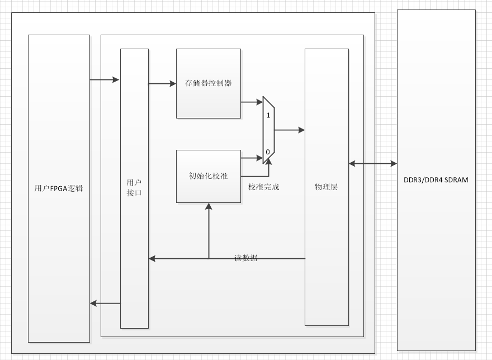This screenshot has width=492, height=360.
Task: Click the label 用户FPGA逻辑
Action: (x=59, y=188)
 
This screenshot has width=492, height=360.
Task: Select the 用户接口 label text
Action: (x=134, y=188)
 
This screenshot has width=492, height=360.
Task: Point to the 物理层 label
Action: (x=327, y=187)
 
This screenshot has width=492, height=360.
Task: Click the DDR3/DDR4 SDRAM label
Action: (x=436, y=180)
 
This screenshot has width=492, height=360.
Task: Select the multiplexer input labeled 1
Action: (x=268, y=115)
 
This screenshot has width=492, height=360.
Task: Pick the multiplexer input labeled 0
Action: (x=268, y=151)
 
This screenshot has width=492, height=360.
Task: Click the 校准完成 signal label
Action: (x=263, y=187)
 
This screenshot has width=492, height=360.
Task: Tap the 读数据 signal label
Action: (x=246, y=258)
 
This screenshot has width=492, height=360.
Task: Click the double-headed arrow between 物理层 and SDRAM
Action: (x=373, y=164)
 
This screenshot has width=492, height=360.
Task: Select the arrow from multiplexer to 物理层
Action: (x=290, y=130)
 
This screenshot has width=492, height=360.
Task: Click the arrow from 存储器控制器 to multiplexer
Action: (x=252, y=102)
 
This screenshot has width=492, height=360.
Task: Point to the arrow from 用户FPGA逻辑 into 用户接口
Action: (x=105, y=80)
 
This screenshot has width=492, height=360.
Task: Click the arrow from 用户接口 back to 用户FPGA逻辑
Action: (x=105, y=304)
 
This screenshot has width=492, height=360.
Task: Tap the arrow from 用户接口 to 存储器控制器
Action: (x=162, y=84)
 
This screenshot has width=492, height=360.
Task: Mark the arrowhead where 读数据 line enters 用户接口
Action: (x=152, y=259)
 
